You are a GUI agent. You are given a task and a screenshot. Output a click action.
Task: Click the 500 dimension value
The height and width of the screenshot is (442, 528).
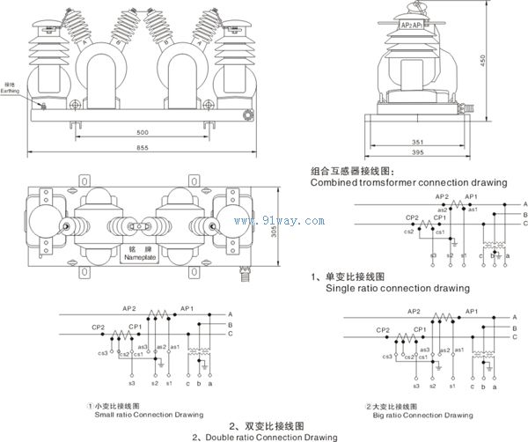[x=142, y=132]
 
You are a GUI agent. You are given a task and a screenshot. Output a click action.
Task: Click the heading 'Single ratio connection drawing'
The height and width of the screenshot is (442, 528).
[x=397, y=288]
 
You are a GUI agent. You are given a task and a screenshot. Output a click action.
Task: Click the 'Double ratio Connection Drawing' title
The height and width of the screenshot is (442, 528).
[x=264, y=436]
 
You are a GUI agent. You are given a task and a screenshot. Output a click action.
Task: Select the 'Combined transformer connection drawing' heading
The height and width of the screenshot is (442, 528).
[x=408, y=182]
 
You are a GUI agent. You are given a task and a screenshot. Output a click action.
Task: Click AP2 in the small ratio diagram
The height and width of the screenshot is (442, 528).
[x=129, y=309]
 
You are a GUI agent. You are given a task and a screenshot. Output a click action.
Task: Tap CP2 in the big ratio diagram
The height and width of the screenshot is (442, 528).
[x=383, y=331]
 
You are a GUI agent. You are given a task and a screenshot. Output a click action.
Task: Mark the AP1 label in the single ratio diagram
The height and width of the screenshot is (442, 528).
[x=472, y=196]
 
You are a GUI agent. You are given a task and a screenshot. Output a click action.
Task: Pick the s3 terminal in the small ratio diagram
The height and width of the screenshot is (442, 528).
[x=132, y=384]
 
